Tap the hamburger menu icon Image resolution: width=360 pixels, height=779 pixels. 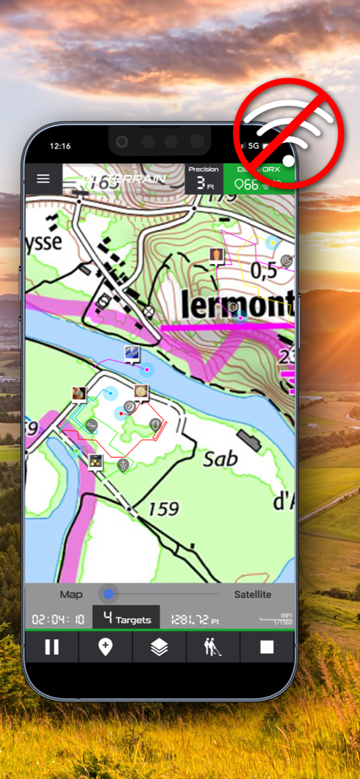(x=43, y=179)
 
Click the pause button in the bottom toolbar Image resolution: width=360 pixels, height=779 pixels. (x=52, y=647)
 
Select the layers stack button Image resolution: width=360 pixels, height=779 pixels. (x=159, y=647)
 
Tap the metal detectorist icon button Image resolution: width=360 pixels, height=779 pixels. (x=213, y=647)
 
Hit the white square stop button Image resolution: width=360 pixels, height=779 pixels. (x=266, y=647)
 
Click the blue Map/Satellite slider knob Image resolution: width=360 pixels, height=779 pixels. (x=109, y=594)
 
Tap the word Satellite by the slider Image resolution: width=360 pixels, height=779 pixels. (x=252, y=594)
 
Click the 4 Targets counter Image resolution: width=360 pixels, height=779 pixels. (x=126, y=619)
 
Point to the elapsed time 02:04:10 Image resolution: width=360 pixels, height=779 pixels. (x=58, y=619)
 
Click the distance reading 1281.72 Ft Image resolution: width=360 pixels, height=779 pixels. (x=195, y=619)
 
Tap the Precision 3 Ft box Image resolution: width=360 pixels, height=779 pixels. (x=204, y=179)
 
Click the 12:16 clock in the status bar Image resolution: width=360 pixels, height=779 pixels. (x=60, y=145)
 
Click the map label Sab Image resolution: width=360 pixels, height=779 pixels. (x=221, y=458)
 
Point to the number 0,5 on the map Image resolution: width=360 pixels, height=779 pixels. (x=263, y=271)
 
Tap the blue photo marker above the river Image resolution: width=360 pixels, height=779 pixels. (x=132, y=354)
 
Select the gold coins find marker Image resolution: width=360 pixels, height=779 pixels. (x=96, y=461)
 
